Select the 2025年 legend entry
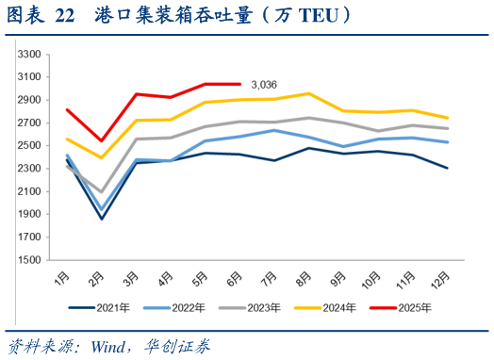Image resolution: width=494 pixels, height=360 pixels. pyautogui.click(x=413, y=307)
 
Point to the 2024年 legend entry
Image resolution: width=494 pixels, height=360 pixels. pyautogui.click(x=338, y=307)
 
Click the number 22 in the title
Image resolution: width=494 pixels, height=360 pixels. pyautogui.click(x=65, y=15)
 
